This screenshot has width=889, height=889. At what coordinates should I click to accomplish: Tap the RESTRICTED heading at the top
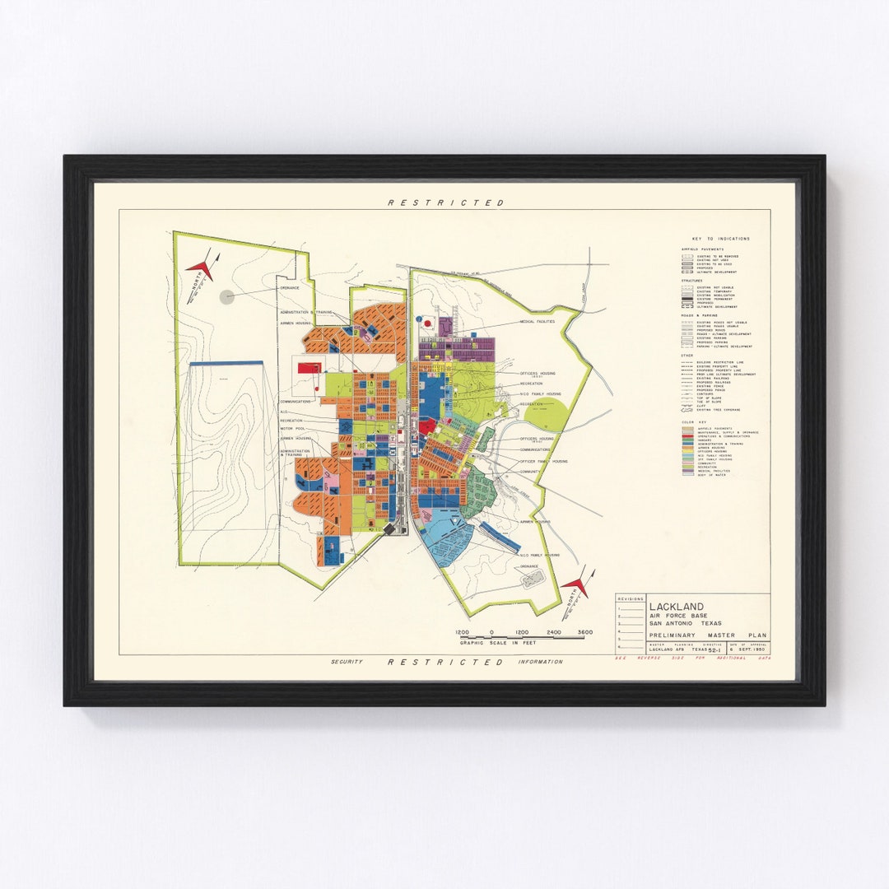click(x=445, y=202)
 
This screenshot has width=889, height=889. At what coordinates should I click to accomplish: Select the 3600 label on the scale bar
click(x=585, y=632)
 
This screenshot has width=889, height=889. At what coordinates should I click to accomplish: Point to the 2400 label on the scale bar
click(x=554, y=632)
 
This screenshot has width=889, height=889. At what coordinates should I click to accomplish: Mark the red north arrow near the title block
click(x=577, y=585)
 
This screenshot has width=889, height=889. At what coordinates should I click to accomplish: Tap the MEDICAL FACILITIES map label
click(x=537, y=322)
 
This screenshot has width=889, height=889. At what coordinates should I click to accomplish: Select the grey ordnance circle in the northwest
click(x=228, y=296)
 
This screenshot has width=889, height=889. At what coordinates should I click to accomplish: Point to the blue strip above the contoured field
click(x=226, y=363)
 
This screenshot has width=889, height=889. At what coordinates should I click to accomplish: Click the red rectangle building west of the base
click(x=310, y=369)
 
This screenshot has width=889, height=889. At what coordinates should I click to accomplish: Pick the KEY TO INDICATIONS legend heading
click(x=721, y=239)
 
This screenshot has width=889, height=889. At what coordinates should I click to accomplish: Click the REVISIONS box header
click(x=631, y=599)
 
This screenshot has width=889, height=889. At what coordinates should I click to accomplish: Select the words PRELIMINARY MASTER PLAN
click(x=707, y=635)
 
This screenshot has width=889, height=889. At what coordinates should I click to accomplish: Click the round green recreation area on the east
click(x=545, y=414)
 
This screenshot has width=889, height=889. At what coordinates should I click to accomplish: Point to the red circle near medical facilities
click(x=426, y=324)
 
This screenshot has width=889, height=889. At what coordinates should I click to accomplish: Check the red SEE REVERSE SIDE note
click(x=691, y=660)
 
